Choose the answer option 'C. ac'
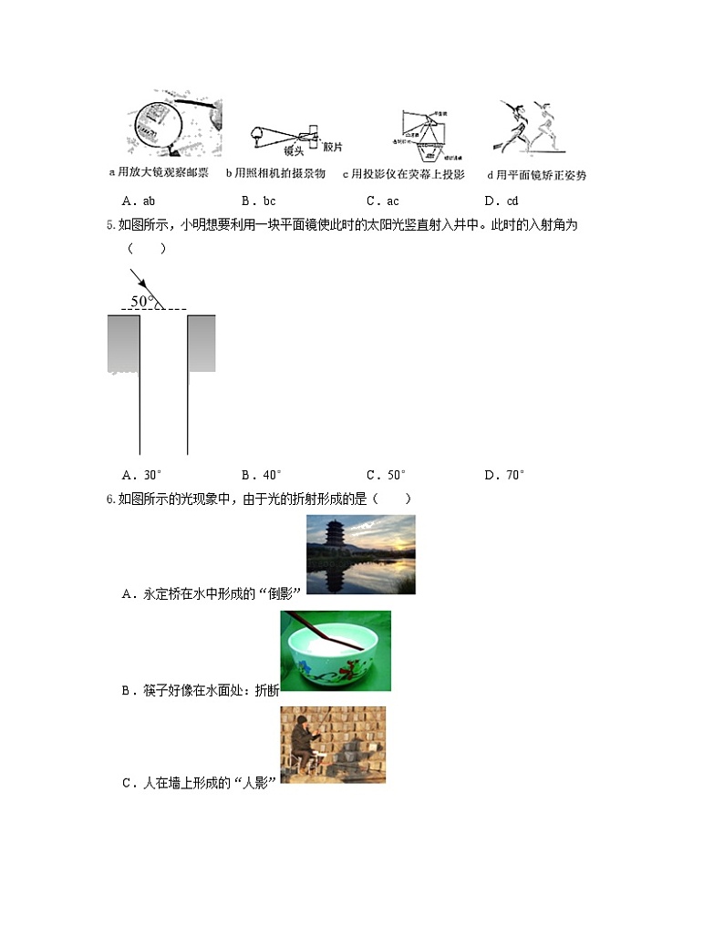[x=382, y=201]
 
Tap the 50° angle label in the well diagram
[x=141, y=301]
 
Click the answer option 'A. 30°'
[x=141, y=475]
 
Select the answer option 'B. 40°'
[x=262, y=475]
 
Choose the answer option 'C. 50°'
[x=386, y=475]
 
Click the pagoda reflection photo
[x=360, y=554]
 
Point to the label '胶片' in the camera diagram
[x=334, y=147]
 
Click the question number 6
[x=110, y=499]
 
